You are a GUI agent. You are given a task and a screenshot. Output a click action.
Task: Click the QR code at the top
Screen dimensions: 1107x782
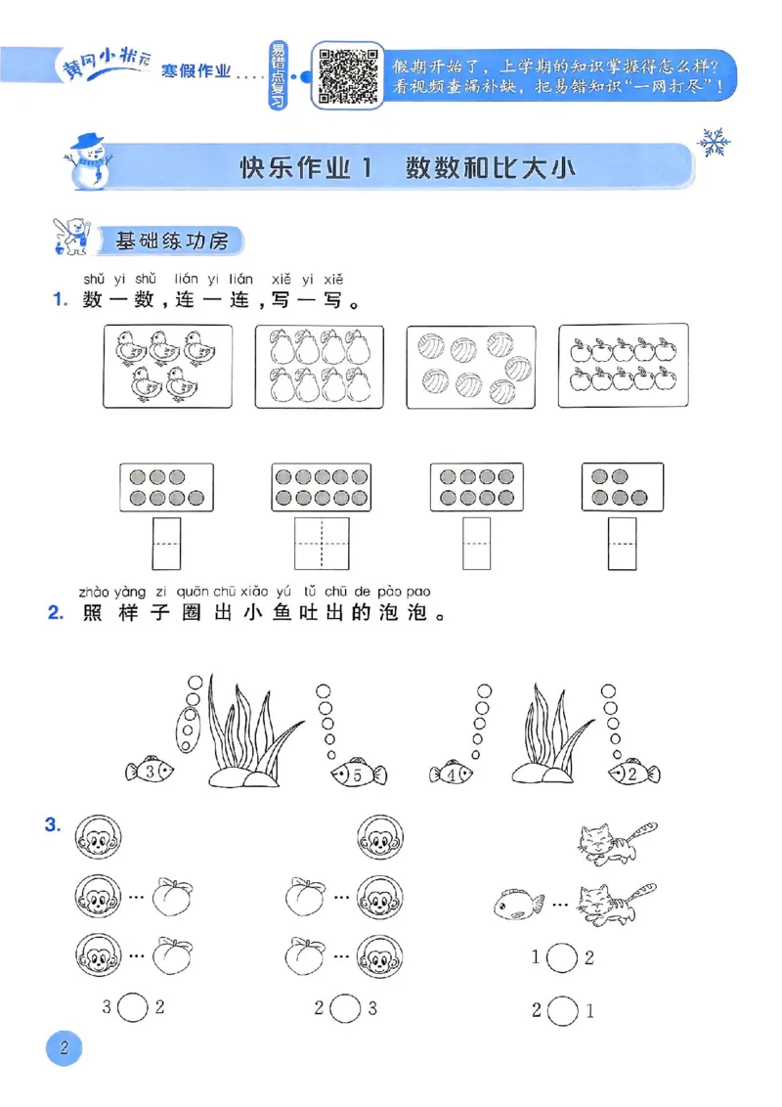(x=346, y=75)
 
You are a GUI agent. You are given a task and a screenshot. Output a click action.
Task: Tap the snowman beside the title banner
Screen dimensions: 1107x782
(x=85, y=159)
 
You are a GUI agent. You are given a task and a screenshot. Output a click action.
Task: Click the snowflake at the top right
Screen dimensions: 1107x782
(x=714, y=143)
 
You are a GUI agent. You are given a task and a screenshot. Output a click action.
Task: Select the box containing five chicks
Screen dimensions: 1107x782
(x=167, y=366)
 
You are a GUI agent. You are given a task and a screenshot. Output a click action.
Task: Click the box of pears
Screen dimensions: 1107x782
(x=320, y=366)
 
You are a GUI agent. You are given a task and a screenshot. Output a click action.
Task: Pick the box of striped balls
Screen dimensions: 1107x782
(x=470, y=366)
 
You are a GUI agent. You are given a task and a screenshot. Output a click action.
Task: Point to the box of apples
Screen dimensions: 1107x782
(x=622, y=366)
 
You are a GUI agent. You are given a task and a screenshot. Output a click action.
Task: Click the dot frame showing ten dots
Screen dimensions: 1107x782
(x=321, y=487)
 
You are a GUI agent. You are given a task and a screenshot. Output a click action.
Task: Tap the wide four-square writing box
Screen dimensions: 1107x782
(x=321, y=544)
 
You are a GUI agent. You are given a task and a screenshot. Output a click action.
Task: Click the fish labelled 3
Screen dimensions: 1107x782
(x=150, y=772)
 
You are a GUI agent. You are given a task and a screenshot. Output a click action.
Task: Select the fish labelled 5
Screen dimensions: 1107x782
(x=354, y=775)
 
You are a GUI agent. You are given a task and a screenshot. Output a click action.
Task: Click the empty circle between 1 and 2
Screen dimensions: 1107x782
(x=561, y=958)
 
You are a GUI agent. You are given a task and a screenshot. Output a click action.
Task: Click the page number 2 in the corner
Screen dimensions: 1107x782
(x=65, y=1051)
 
